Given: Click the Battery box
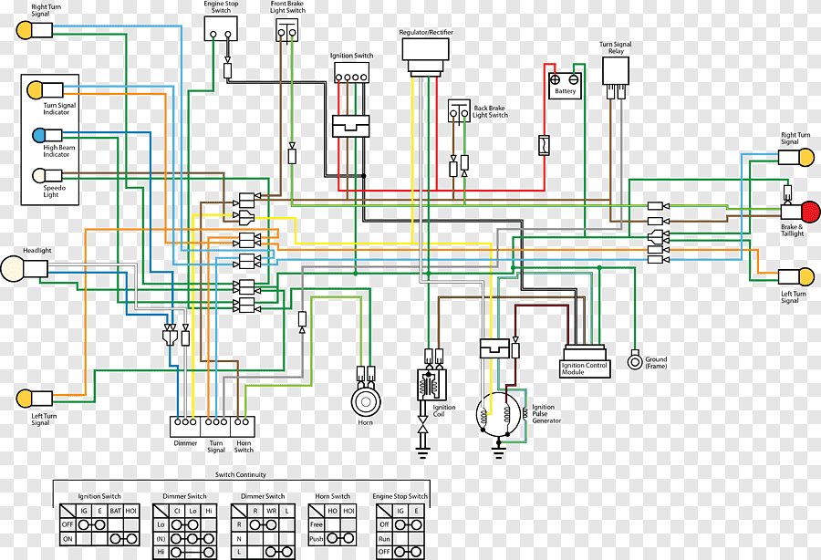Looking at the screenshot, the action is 565,86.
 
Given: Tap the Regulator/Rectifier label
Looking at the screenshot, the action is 426,33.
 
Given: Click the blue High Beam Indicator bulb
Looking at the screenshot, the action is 39,136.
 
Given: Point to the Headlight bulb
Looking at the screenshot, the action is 12,268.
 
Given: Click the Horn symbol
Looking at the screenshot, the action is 366,402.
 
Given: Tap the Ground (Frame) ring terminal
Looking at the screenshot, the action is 635,362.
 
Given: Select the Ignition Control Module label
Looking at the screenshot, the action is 584,368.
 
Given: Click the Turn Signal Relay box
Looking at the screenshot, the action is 615,70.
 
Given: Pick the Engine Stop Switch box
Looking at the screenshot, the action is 221,28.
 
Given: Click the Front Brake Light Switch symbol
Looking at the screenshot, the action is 287,30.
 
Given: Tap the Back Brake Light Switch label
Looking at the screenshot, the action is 490,111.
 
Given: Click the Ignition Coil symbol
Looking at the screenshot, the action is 432,385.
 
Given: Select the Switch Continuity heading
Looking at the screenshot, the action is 241,474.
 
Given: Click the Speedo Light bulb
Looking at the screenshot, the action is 39,175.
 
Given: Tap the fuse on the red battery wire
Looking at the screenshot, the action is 544,145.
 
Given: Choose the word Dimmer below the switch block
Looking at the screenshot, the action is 185,442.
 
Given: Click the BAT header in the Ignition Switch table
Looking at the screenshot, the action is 115,510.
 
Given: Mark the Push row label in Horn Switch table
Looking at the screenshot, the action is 317,538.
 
